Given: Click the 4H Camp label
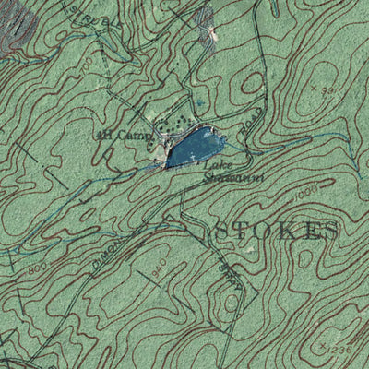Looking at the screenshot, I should point(115,136).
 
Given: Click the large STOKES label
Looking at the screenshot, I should point(276,231).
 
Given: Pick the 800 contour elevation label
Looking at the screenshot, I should point(38,268).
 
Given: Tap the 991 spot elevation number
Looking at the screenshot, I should point(327,89).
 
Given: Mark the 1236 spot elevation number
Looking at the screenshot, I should point(340,349).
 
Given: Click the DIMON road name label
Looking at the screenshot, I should point(103,255).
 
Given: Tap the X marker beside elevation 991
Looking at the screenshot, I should point(315,88).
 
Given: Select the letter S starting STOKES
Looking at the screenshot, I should point(222,231).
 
